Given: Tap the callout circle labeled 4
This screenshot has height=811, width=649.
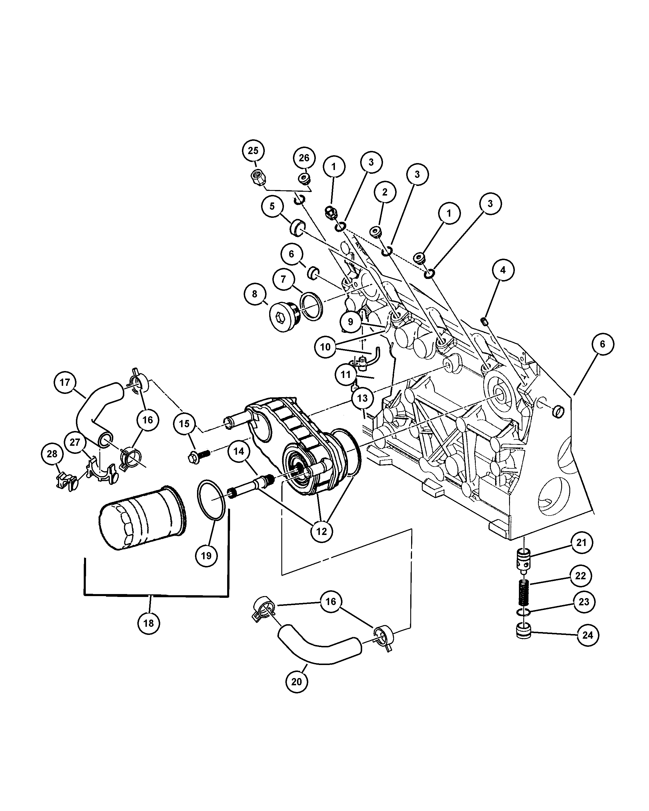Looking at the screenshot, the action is (503, 270).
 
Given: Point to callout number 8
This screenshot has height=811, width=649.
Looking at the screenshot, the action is (255, 294).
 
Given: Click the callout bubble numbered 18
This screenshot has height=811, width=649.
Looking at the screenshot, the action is (149, 623).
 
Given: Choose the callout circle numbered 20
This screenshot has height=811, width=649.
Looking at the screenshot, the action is (296, 682).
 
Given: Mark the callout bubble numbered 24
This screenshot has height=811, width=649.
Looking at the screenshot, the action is (587, 635).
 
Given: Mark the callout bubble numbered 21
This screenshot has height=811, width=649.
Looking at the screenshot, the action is (581, 543).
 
